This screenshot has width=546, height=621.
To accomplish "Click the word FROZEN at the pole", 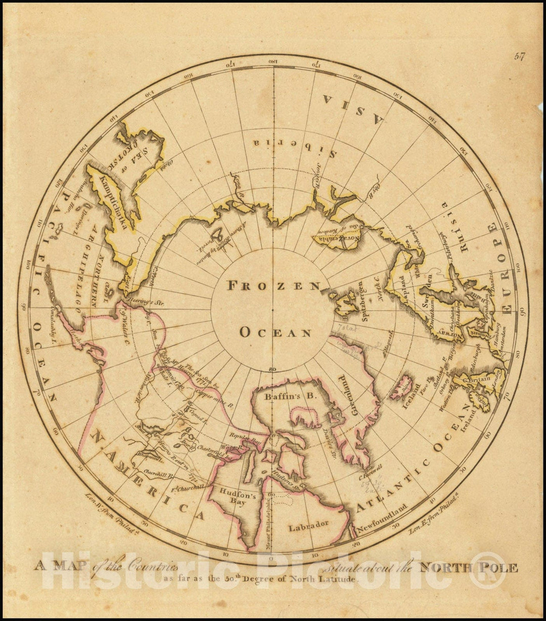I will pos(274,286).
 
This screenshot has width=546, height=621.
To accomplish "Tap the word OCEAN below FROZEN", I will pos(275,333).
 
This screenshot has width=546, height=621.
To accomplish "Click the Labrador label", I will pos(309,527).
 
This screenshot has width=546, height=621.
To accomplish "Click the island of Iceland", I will pos(402,387).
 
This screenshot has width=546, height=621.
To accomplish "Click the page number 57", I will pos(520,57).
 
